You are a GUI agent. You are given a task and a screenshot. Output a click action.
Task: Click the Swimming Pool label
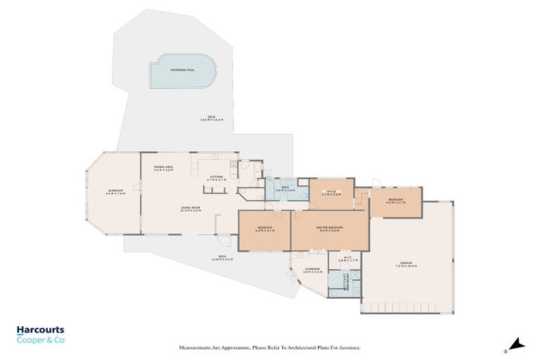[181, 70]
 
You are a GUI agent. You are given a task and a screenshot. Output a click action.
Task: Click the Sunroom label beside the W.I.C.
[313, 270]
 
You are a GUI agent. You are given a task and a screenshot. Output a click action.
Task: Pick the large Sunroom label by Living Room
[115, 193]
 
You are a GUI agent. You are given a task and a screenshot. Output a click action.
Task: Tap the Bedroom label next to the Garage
[396, 201]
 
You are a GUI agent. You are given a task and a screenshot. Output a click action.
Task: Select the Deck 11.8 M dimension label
[221, 258]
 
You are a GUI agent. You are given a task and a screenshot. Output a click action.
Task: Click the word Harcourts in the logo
[40, 330]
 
